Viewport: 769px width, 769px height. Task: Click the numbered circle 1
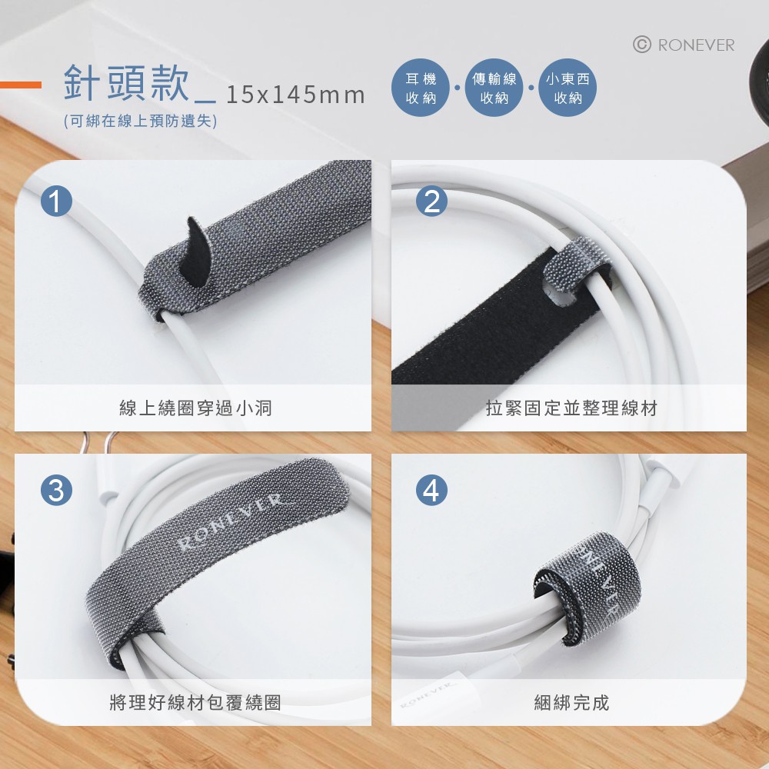point(56,201)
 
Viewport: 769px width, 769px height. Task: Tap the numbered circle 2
point(431,201)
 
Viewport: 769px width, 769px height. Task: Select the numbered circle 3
point(56,490)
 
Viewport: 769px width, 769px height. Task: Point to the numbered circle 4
point(431,490)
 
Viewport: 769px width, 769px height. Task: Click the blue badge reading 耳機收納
point(421,88)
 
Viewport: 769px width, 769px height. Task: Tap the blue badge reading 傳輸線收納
point(494,88)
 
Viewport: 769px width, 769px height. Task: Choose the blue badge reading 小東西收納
point(568,88)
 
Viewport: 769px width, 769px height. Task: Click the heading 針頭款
point(126,82)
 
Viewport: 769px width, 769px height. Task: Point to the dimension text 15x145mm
point(296,95)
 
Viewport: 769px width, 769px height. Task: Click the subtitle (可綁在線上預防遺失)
point(140,121)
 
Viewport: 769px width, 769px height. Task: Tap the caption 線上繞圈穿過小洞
point(195,408)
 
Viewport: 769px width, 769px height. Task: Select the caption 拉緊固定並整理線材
point(571,408)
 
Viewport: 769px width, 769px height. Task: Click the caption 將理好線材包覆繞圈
point(195,702)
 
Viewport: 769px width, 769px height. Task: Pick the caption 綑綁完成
point(571,702)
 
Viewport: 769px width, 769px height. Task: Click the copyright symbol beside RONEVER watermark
point(642,45)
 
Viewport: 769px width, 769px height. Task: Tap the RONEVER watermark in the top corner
point(696,45)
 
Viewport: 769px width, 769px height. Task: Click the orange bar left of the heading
point(21,85)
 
